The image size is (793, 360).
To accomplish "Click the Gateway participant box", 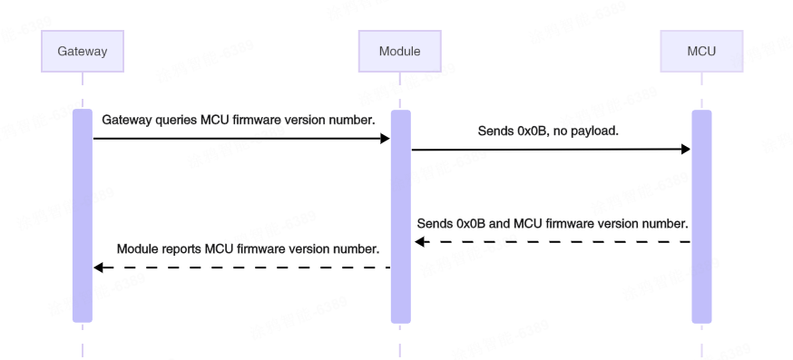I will pyautogui.click(x=82, y=52).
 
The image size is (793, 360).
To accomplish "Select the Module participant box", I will pyautogui.click(x=400, y=52).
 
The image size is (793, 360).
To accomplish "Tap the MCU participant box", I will pyautogui.click(x=700, y=52).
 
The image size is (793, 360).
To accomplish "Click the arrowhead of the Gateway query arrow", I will pyautogui.click(x=385, y=139).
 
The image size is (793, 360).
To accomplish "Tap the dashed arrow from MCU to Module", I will pyautogui.click(x=553, y=242).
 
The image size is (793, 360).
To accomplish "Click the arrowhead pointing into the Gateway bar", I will pyautogui.click(x=99, y=268).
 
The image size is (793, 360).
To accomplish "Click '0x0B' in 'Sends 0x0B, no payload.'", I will pyautogui.click(x=534, y=131).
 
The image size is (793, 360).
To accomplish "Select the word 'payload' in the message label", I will pyautogui.click(x=599, y=131).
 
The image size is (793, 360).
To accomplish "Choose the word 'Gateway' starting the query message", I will pyautogui.click(x=125, y=120).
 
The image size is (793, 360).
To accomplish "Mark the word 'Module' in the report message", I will pyautogui.click(x=137, y=248).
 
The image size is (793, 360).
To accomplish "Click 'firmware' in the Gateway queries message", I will pyautogui.click(x=250, y=120).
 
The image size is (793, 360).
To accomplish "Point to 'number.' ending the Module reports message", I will pyautogui.click(x=357, y=248).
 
